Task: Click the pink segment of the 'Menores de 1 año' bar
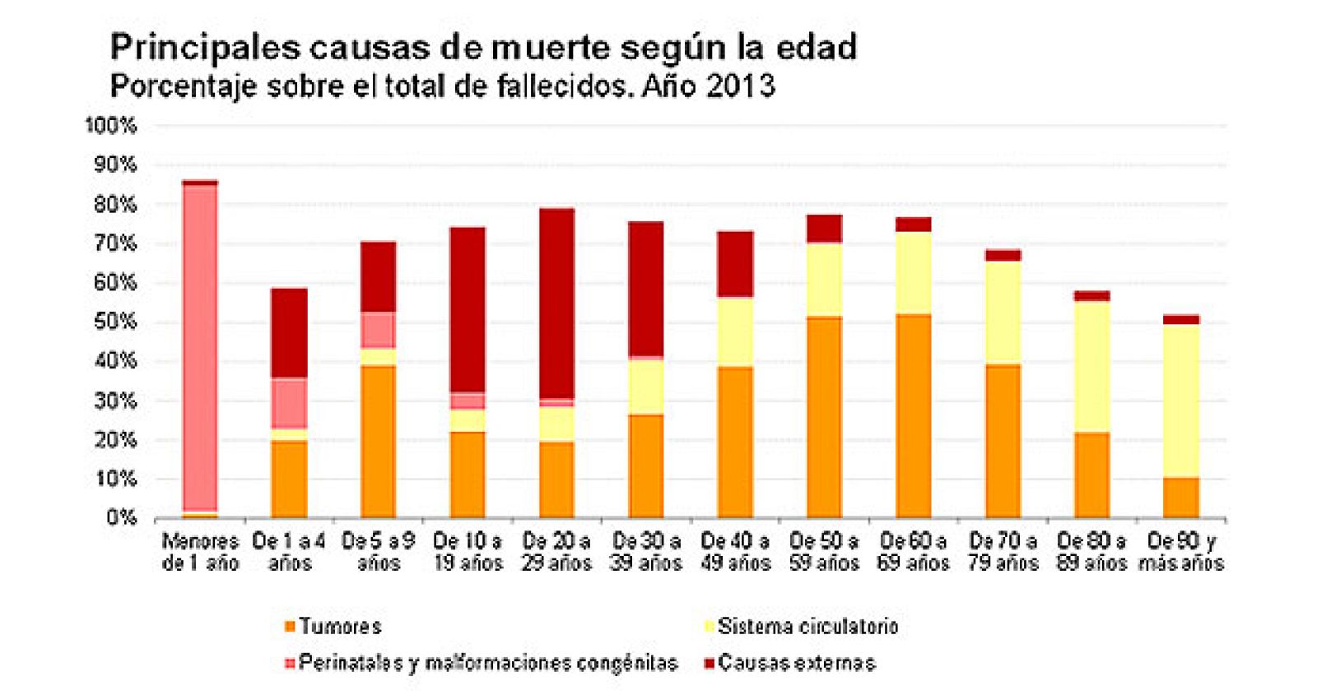pyautogui.click(x=200, y=345)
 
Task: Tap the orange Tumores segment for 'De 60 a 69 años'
pyautogui.click(x=914, y=415)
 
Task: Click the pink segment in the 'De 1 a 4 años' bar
pyautogui.click(x=289, y=403)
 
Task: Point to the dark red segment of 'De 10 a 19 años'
pyautogui.click(x=468, y=309)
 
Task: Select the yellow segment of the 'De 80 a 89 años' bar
pyautogui.click(x=1091, y=367)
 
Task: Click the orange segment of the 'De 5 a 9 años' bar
pyautogui.click(x=379, y=441)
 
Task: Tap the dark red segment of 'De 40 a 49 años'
pyautogui.click(x=735, y=263)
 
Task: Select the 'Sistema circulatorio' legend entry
pyautogui.click(x=807, y=627)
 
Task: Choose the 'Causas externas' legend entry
pyautogui.click(x=795, y=663)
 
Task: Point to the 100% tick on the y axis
pyautogui.click(x=110, y=126)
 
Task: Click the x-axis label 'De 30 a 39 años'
pyautogui.click(x=646, y=552)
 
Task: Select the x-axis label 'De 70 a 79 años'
pyautogui.click(x=1003, y=552)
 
